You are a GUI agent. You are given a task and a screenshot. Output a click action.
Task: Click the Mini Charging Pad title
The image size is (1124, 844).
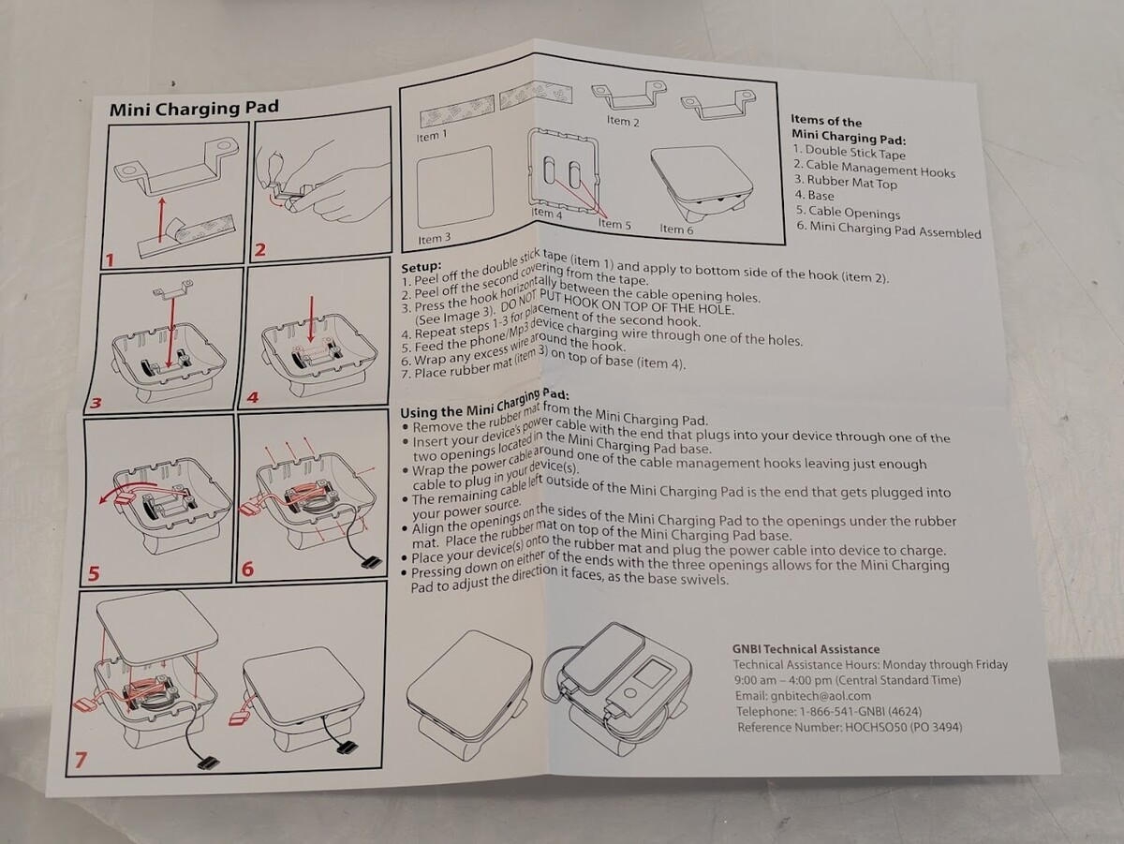tap(193, 106)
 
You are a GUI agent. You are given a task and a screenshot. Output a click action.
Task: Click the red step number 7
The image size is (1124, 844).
tap(81, 761)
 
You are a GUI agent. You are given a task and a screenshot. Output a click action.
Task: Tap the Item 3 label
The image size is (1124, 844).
tap(435, 239)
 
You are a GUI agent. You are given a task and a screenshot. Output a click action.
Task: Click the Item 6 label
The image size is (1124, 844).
tap(676, 228)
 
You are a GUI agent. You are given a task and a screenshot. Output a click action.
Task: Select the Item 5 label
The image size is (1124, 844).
tap(614, 224)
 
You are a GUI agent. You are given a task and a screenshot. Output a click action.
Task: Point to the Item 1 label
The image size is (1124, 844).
tap(432, 136)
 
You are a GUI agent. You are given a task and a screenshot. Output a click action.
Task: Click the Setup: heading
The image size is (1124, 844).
tap(421, 265)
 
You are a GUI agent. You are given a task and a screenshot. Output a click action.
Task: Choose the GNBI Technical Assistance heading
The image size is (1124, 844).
tap(806, 648)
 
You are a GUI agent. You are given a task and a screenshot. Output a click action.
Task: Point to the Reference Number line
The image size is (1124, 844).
tap(849, 727)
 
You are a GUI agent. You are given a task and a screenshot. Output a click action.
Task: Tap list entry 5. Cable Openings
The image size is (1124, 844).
tap(847, 214)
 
